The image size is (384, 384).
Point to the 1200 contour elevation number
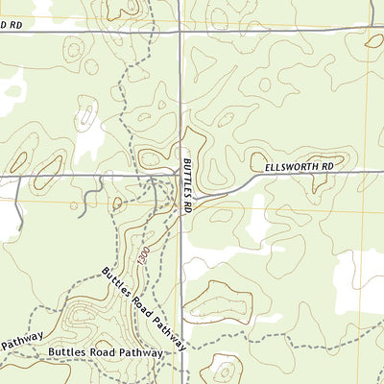point(140,256)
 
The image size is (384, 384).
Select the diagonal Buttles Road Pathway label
point(145,307)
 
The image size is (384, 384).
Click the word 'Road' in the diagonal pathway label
point(142,304)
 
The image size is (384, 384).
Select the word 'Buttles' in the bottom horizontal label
point(67,352)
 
